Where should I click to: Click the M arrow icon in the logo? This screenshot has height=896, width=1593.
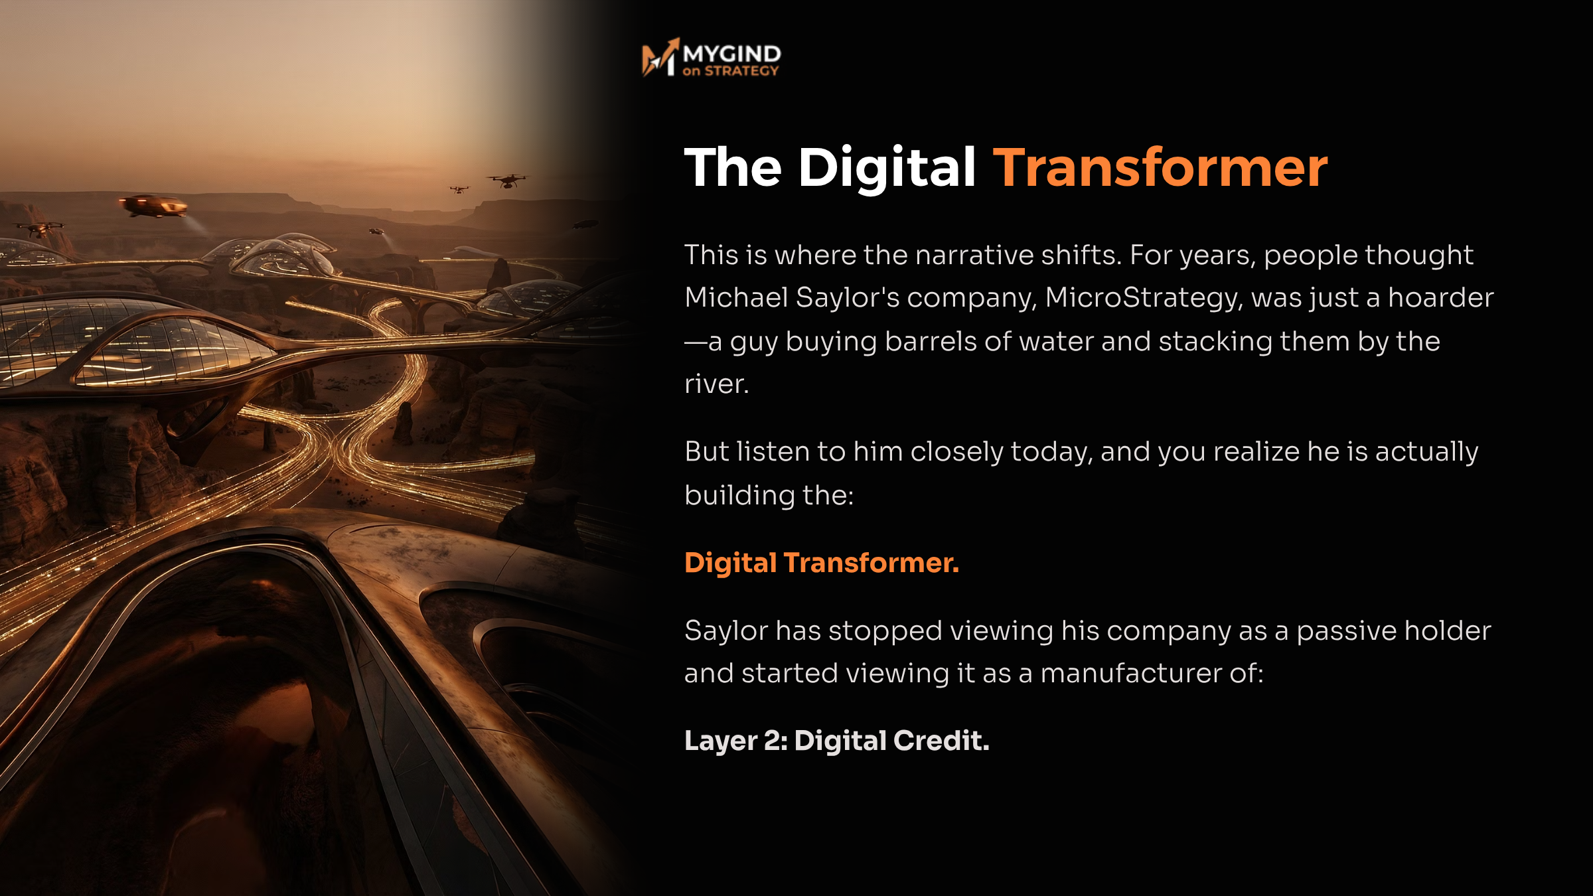pyautogui.click(x=660, y=57)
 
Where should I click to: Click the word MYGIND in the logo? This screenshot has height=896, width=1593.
pyautogui.click(x=732, y=53)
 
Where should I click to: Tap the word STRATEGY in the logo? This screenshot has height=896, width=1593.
pyautogui.click(x=741, y=71)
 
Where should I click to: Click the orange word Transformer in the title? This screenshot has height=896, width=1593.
pyautogui.click(x=1160, y=168)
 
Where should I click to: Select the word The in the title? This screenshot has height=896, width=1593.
pyautogui.click(x=733, y=167)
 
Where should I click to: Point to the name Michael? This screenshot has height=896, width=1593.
pyautogui.click(x=736, y=297)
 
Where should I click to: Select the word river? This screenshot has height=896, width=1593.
pyautogui.click(x=717, y=384)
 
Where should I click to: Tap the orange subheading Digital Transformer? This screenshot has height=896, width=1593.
pyautogui.click(x=822, y=563)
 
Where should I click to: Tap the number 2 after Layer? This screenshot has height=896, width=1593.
pyautogui.click(x=775, y=741)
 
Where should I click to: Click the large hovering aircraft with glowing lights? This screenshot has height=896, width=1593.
pyautogui.click(x=154, y=206)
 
